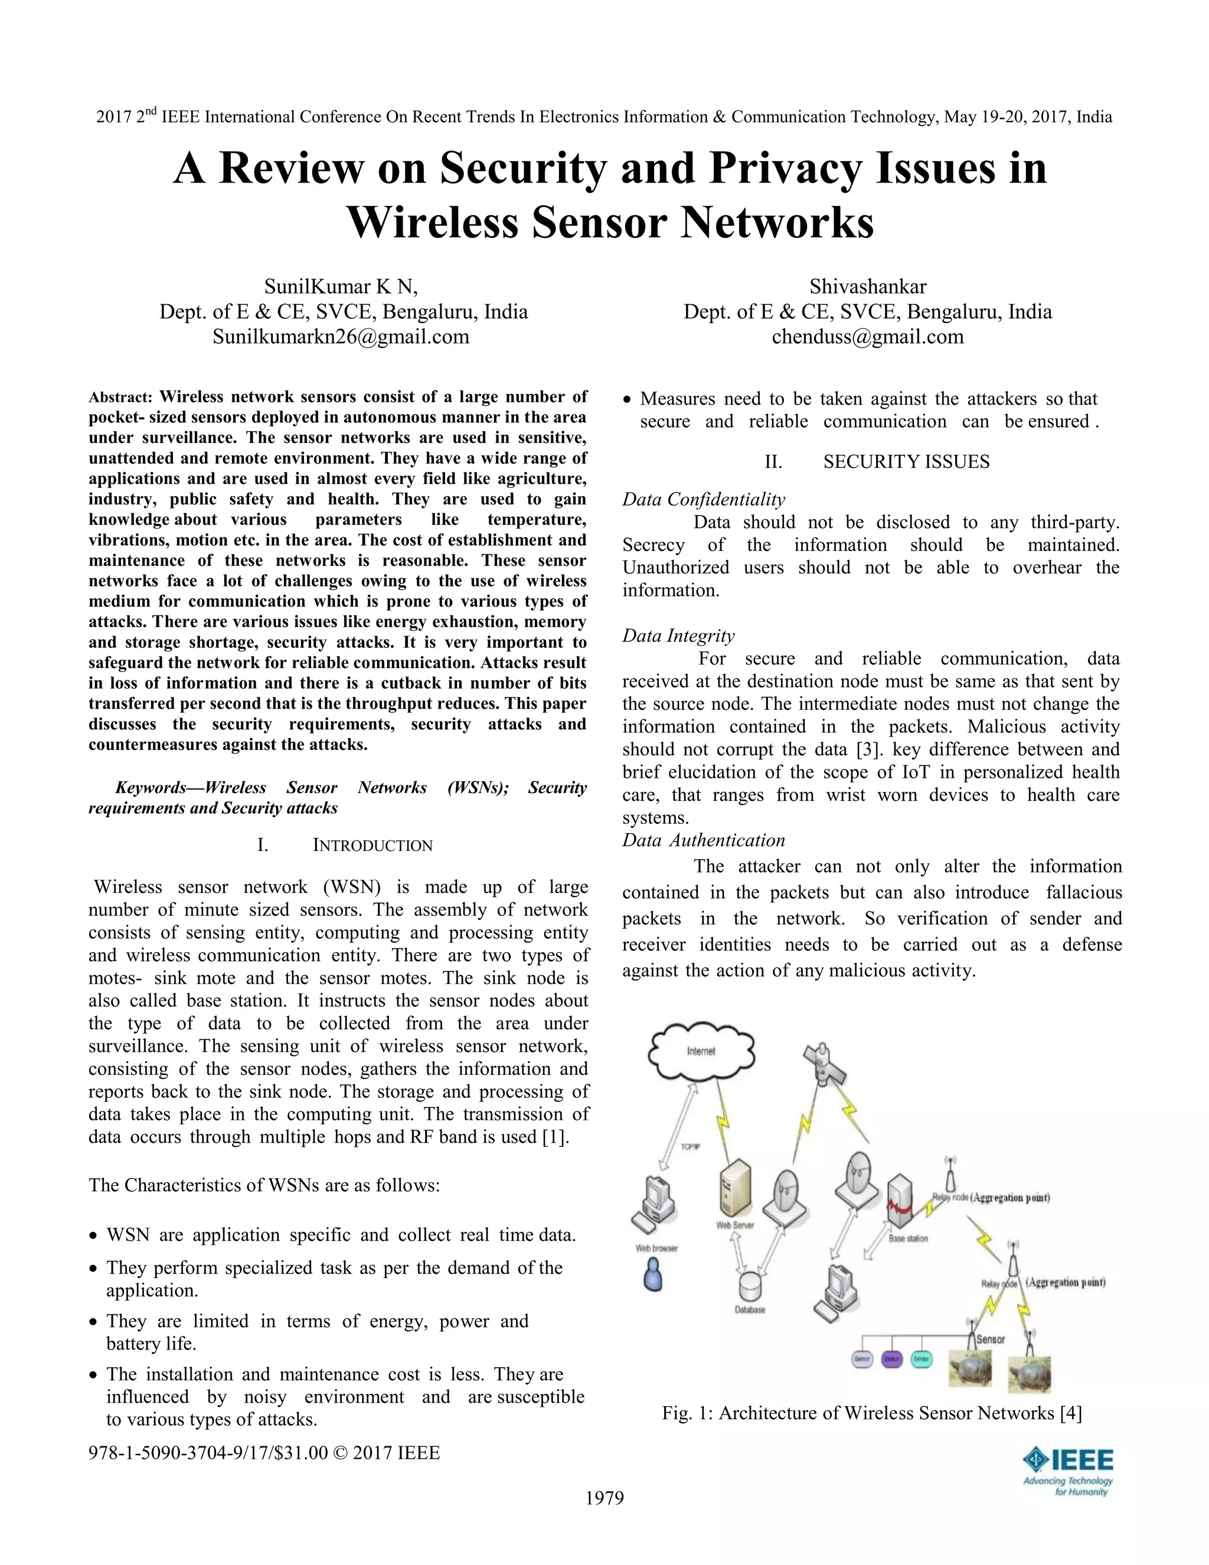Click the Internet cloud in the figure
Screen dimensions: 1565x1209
(701, 1051)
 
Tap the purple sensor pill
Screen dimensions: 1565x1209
(891, 1359)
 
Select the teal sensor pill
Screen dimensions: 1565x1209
(921, 1359)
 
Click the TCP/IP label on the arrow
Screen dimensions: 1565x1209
(690, 1146)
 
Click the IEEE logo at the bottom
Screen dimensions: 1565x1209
(1068, 1471)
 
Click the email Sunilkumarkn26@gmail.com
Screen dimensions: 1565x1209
(341, 337)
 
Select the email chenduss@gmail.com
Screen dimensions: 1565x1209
(867, 337)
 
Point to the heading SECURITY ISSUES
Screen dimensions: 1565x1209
(906, 461)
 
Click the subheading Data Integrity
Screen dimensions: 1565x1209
(678, 635)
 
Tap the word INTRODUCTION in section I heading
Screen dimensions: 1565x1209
(372, 846)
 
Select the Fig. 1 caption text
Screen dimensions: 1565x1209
(871, 1413)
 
